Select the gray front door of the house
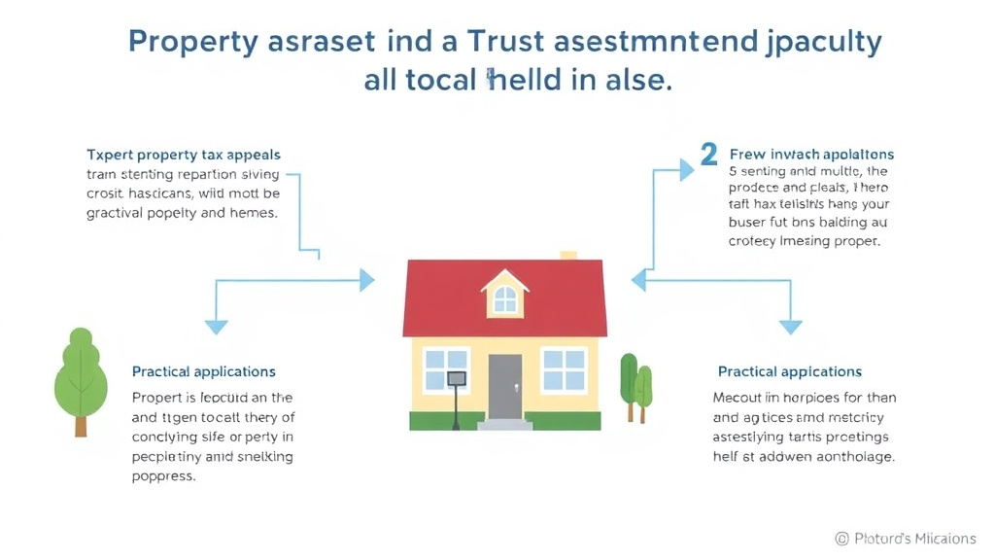pos(504,386)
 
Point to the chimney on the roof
pos(568,255)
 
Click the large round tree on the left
pos(80,374)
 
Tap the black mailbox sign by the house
pos(456,378)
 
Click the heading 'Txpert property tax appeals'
pos(184,155)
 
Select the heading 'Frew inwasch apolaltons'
pos(811,155)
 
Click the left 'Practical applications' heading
pos(204,371)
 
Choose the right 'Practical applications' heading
pos(790,371)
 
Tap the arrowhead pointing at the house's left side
pos(366,281)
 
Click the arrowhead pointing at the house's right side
pos(639,281)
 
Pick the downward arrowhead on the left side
pos(216,326)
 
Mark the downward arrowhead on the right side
pos(791,326)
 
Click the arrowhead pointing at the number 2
pos(686,170)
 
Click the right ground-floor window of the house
pos(564,369)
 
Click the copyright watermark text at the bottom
pos(905,539)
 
